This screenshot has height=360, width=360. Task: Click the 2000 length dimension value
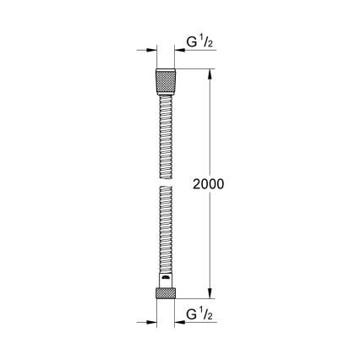click(x=208, y=183)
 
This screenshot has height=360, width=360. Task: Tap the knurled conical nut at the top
click(x=164, y=82)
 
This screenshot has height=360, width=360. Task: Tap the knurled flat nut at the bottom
click(x=164, y=296)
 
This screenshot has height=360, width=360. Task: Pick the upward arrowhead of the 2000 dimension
click(x=210, y=74)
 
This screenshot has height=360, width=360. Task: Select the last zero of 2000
click(x=221, y=183)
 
